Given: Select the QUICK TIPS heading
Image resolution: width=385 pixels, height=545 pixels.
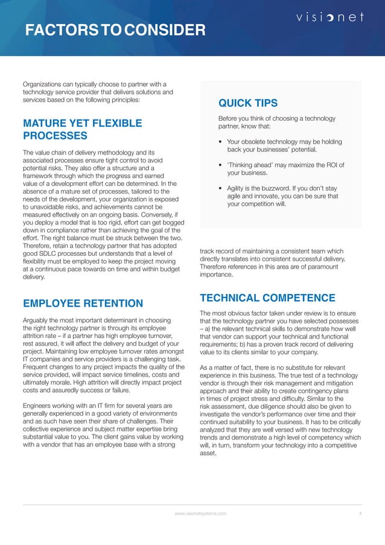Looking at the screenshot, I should click(x=247, y=103).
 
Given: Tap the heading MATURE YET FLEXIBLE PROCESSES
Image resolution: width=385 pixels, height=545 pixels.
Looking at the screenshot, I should click(x=82, y=130).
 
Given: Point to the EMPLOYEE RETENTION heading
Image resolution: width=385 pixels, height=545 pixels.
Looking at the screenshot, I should click(x=83, y=303).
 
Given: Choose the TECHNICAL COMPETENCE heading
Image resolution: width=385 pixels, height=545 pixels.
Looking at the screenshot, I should click(x=267, y=298).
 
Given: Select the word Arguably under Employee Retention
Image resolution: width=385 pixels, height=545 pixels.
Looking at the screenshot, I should click(x=36, y=320).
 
